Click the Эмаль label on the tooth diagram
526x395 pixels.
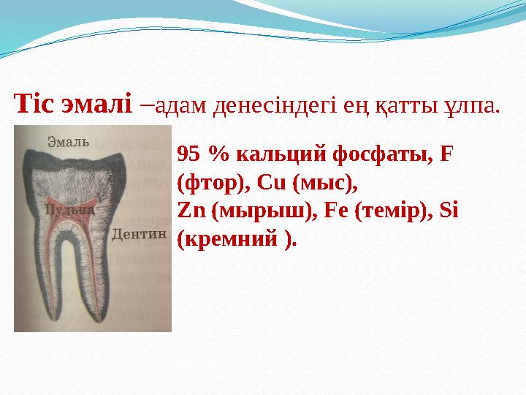click(x=69, y=141)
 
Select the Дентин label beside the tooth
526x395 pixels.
click(x=140, y=234)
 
